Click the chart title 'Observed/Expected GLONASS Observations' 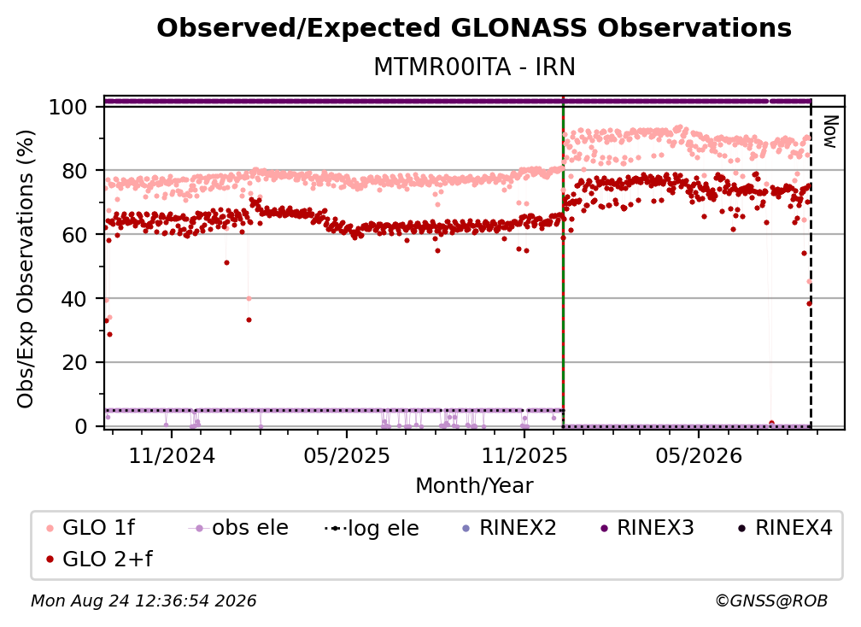(474, 28)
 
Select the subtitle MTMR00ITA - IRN (474, 67)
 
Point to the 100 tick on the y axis (67, 107)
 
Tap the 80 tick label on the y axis (74, 171)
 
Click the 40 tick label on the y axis (74, 299)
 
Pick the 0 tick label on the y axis (80, 426)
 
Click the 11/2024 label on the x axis (172, 456)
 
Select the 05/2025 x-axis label (347, 456)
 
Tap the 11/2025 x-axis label (524, 456)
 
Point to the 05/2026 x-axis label (699, 456)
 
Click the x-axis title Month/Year (474, 486)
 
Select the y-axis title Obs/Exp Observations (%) (26, 268)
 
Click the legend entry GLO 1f (91, 528)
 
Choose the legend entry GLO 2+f (99, 559)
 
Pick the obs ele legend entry (238, 528)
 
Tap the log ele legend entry (372, 528)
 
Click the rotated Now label (829, 132)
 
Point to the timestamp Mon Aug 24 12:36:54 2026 (143, 601)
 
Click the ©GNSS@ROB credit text (771, 601)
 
